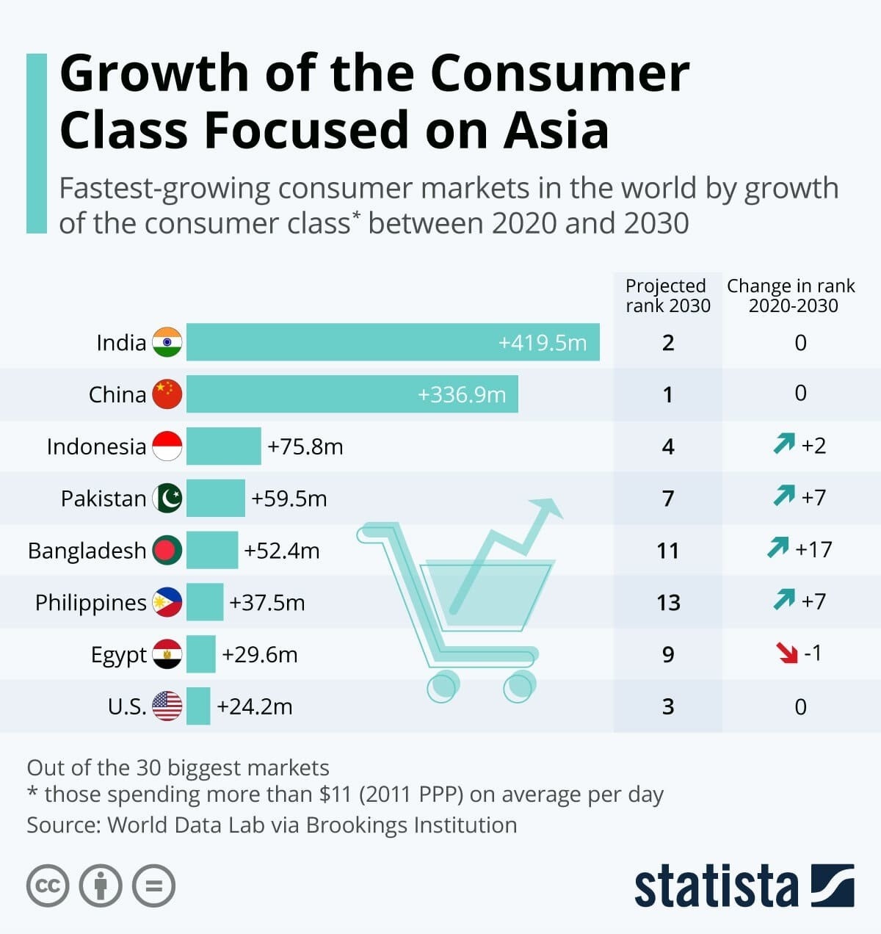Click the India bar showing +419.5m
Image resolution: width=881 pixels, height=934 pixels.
[393, 342]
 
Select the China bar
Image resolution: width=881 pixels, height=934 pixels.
[352, 394]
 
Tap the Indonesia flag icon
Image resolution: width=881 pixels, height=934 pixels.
[167, 446]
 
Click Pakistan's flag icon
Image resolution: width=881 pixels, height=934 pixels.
[167, 499]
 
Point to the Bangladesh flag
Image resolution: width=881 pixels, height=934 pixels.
[167, 551]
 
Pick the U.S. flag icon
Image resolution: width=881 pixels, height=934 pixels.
[167, 706]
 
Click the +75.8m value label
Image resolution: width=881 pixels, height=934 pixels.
[305, 446]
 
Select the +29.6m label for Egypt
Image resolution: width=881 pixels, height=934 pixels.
[260, 654]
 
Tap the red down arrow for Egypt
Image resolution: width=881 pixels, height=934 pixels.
[787, 652]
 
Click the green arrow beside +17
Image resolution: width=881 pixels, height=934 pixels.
[778, 548]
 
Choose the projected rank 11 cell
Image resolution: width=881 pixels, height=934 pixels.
[668, 551]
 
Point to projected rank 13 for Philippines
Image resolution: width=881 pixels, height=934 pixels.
[668, 603]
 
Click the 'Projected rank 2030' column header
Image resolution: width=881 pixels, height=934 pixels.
[667, 295]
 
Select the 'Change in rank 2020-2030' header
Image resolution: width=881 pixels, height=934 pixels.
[791, 295]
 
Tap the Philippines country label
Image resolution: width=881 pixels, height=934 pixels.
[91, 603]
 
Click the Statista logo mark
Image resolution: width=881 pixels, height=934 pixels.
[833, 886]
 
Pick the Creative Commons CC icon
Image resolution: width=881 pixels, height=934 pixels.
[48, 886]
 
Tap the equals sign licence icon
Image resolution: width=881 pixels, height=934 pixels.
[153, 886]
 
